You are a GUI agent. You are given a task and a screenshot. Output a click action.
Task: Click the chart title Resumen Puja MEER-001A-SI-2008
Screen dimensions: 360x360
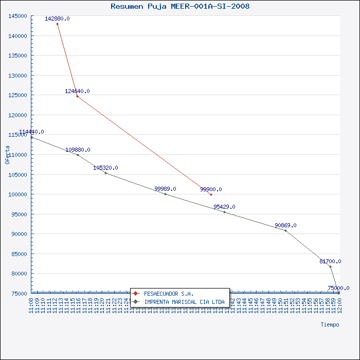180,7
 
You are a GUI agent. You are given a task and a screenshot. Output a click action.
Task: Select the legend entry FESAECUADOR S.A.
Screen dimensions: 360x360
169,294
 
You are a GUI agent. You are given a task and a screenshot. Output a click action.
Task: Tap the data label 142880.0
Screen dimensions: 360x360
57,19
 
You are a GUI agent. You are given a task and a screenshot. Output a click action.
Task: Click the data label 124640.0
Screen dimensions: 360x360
77,91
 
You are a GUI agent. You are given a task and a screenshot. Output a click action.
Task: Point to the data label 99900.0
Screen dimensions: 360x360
211,189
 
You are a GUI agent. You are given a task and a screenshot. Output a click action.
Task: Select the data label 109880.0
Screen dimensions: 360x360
78,150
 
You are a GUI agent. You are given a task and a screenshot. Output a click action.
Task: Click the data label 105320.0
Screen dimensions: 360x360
105,168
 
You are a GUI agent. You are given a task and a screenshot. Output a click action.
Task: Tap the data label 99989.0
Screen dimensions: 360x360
165,189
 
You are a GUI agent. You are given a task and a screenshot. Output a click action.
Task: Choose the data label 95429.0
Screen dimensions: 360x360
224,207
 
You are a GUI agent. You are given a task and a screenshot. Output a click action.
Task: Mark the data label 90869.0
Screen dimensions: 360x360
285,225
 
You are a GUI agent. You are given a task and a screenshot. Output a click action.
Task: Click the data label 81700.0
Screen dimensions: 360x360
330,261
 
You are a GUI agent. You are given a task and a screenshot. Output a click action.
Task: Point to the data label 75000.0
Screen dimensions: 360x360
338,288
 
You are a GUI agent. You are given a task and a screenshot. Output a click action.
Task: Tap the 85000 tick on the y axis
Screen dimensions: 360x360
20,254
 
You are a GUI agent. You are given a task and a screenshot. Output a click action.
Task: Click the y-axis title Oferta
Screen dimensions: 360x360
7,154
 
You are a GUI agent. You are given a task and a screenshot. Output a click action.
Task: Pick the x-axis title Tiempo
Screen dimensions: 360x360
330,325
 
